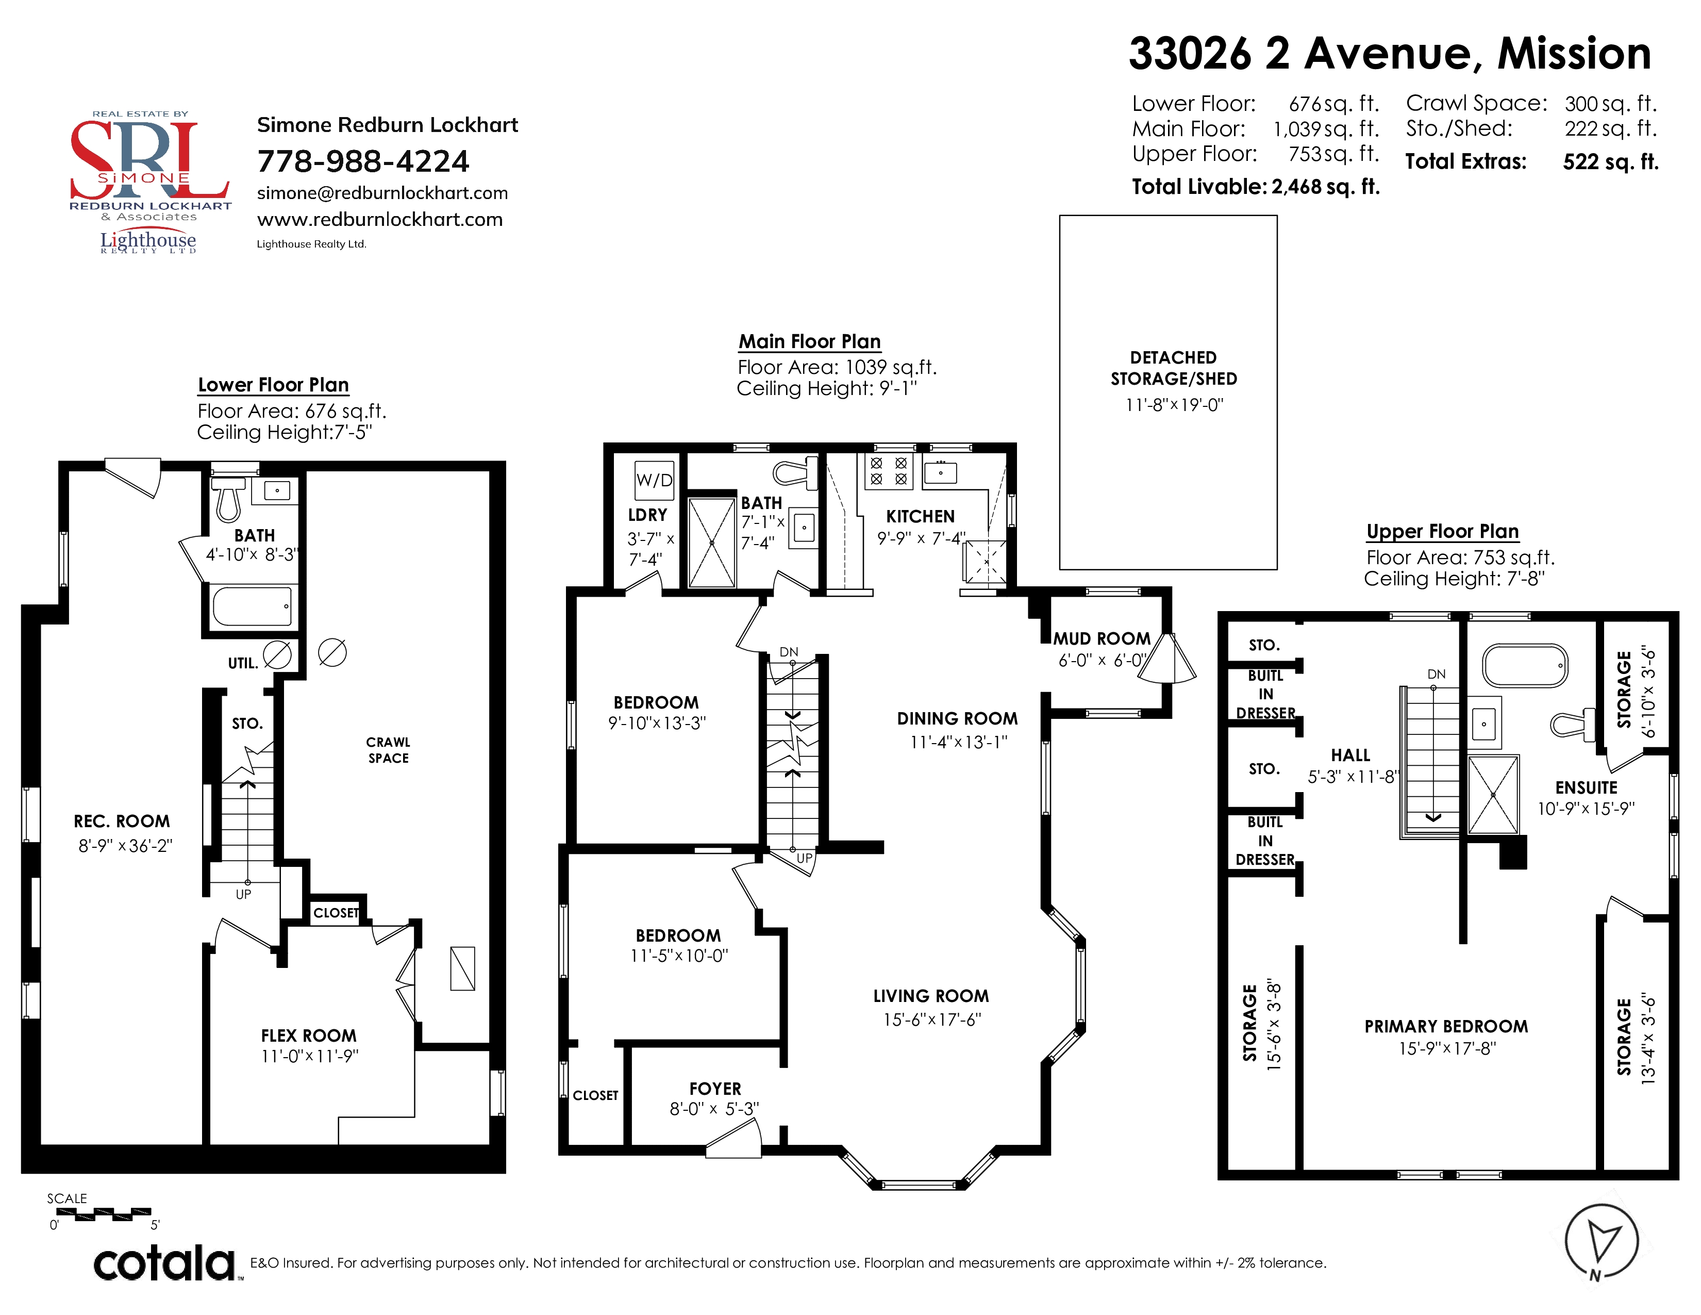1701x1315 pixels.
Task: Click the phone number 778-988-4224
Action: [x=363, y=161]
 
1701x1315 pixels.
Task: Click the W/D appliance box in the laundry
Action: [x=654, y=480]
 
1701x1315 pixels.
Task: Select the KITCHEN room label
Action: [x=920, y=517]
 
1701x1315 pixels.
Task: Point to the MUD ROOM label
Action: [x=1102, y=639]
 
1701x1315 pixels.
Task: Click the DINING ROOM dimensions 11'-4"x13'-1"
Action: [x=959, y=742]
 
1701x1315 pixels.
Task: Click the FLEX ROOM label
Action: [x=308, y=1035]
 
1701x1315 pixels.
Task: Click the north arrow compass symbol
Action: [x=1602, y=1240]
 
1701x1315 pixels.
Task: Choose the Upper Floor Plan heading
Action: [x=1442, y=531]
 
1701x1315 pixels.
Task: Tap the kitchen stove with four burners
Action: [x=889, y=470]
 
